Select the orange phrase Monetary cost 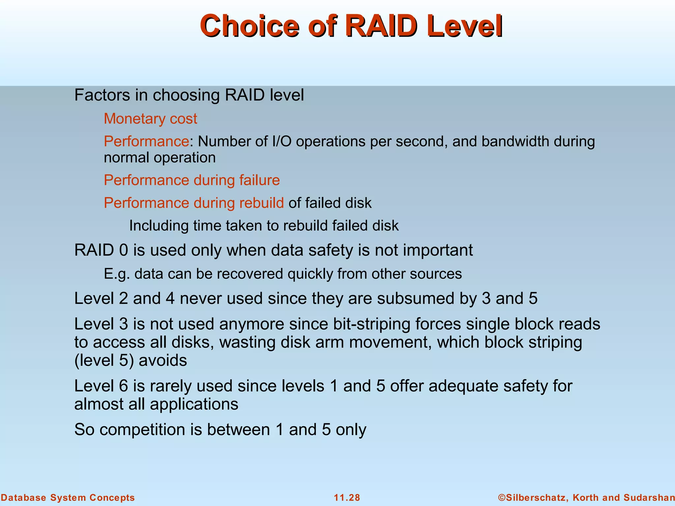(x=150, y=119)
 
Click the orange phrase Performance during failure (x=191, y=180)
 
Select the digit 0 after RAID (x=124, y=250)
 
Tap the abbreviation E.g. (x=117, y=274)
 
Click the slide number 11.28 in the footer (x=347, y=497)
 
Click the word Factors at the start (x=102, y=95)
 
